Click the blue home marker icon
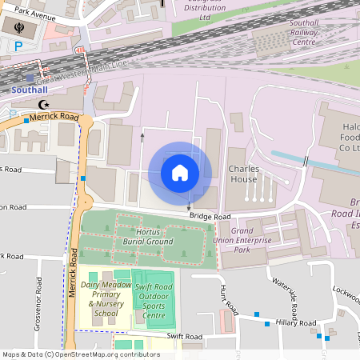click(180, 173)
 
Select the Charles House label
click(242, 174)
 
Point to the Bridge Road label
click(210, 217)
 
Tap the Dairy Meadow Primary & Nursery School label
click(106, 298)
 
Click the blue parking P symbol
click(18, 46)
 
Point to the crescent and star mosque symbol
click(44, 104)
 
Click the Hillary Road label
click(298, 322)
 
